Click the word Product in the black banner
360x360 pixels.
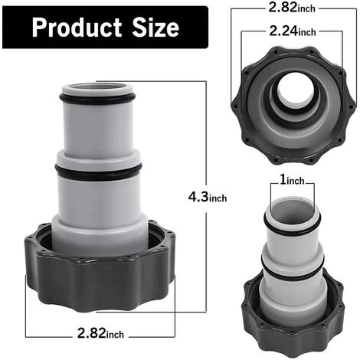[74, 29]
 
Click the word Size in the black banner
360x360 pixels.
[154, 29]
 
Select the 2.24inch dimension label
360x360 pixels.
[295, 32]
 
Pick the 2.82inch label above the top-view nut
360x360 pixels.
[295, 8]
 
